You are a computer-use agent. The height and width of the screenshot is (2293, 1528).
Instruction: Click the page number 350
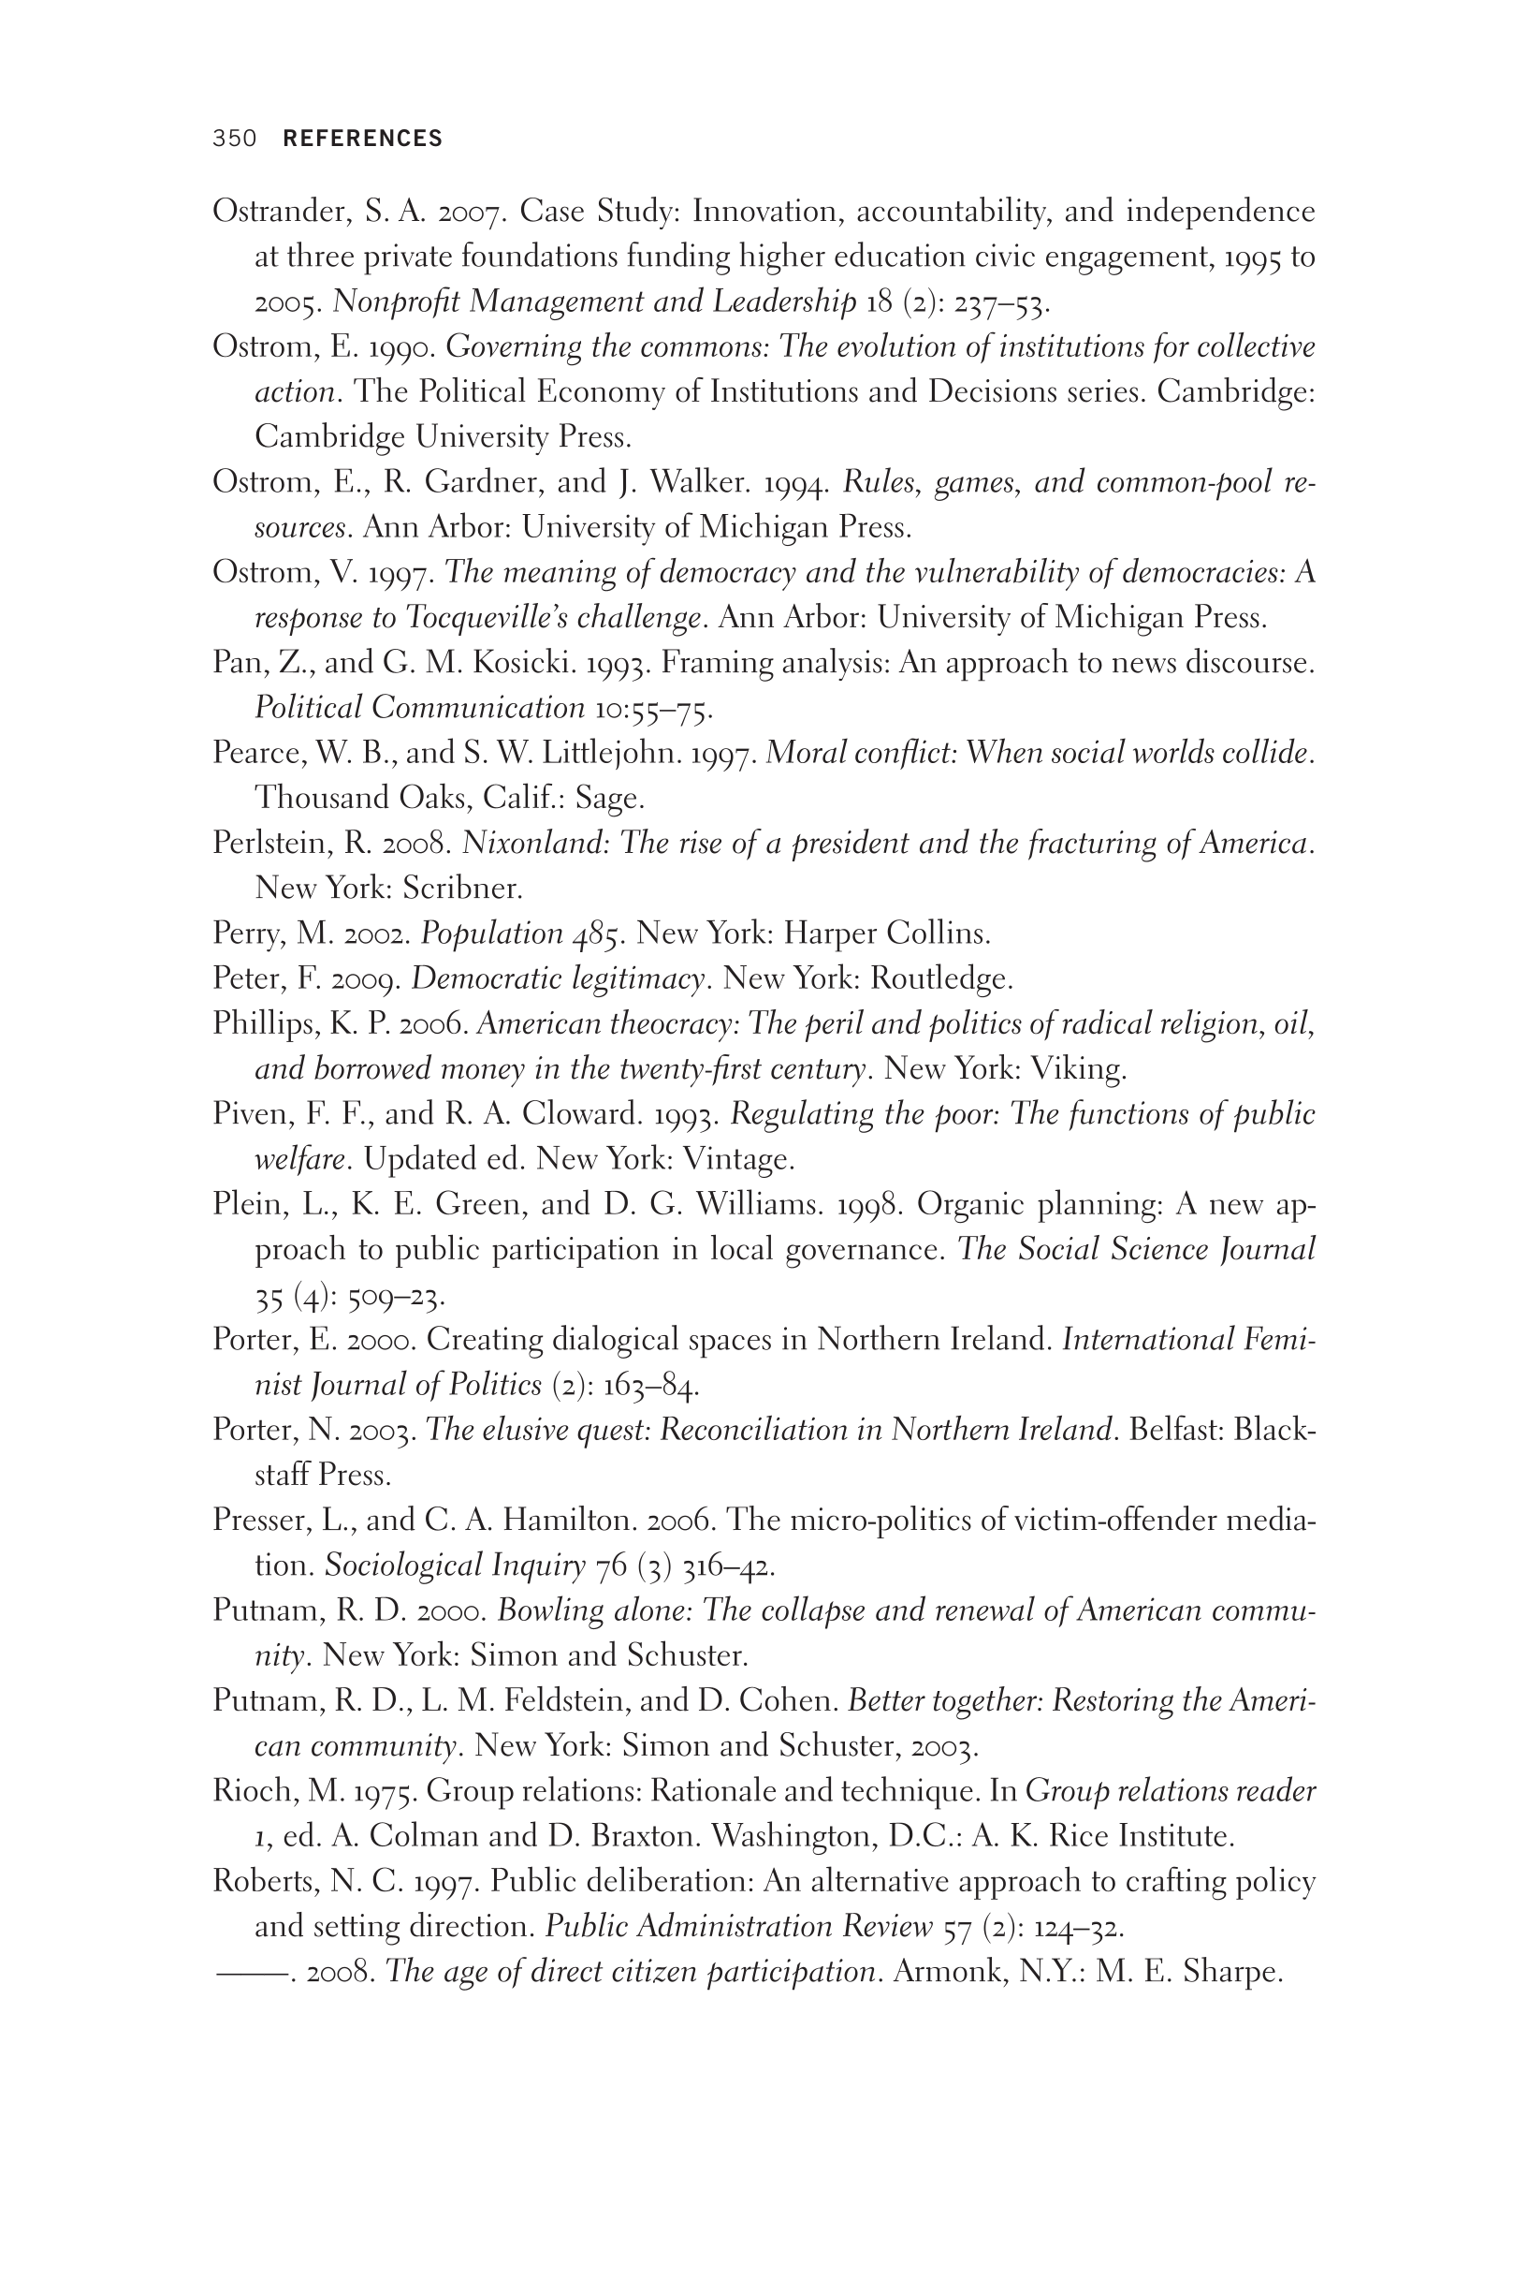[x=234, y=139]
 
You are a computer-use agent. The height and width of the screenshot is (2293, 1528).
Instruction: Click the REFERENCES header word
[x=362, y=139]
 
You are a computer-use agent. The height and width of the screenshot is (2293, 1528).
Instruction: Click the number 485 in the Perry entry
[x=597, y=934]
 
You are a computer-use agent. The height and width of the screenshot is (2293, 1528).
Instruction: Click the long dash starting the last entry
[x=252, y=1972]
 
